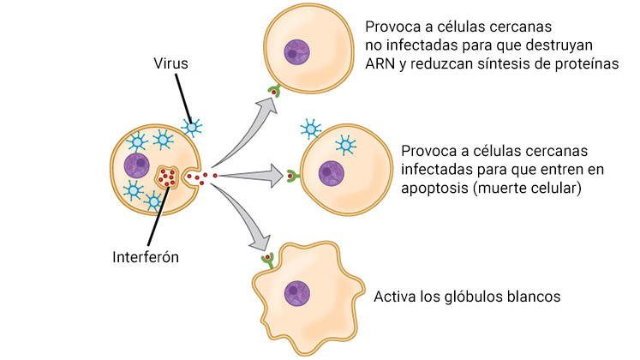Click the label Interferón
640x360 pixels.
146,256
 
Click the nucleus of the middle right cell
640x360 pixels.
332,172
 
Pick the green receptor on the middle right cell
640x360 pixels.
291,177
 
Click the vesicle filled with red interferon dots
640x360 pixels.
167,178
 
